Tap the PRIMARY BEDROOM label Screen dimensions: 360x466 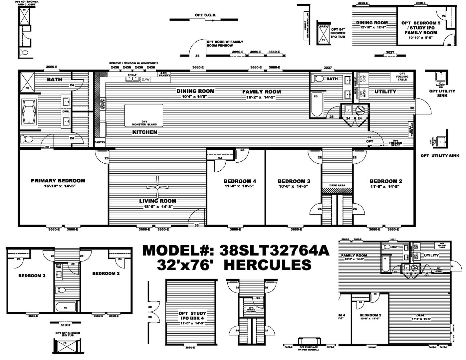click(x=58, y=181)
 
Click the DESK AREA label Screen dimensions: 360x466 click(x=337, y=185)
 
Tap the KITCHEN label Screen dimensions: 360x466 click(x=144, y=132)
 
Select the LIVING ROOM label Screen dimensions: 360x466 click(x=157, y=201)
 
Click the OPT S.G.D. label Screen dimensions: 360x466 click(x=206, y=15)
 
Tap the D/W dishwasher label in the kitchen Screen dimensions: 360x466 click(x=146, y=80)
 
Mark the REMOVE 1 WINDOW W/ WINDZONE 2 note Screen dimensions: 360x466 click(x=133, y=63)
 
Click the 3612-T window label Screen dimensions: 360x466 click(x=61, y=322)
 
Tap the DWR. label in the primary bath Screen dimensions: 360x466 click(x=65, y=112)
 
